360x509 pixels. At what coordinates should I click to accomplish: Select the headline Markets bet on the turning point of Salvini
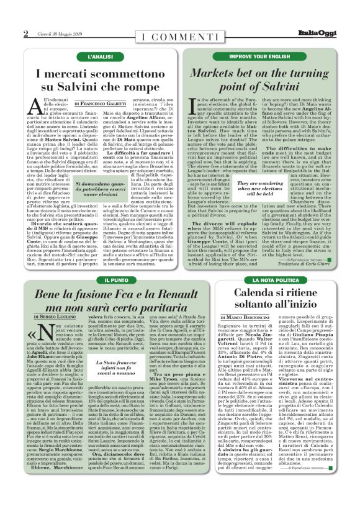259,80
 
